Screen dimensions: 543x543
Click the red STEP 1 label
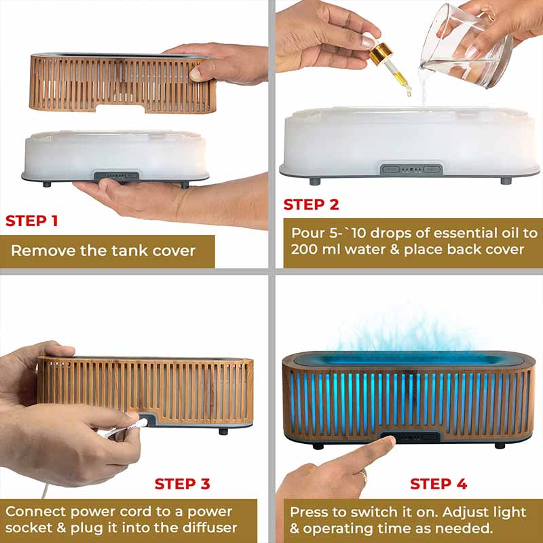tap(31, 221)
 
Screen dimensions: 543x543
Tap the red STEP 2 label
tap(311, 204)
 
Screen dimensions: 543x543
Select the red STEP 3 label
tap(182, 484)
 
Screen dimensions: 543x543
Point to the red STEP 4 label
tap(438, 484)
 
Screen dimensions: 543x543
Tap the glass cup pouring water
tap(466, 47)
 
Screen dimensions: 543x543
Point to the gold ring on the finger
tap(363, 476)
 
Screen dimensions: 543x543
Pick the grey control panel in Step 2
tap(411, 170)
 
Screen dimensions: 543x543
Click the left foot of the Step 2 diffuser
tap(315, 181)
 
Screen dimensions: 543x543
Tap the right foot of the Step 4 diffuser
tap(500, 445)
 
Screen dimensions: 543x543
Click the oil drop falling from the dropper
tap(409, 92)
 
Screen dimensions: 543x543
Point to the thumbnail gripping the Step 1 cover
tap(195, 74)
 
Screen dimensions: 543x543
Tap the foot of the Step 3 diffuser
tap(223, 432)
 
